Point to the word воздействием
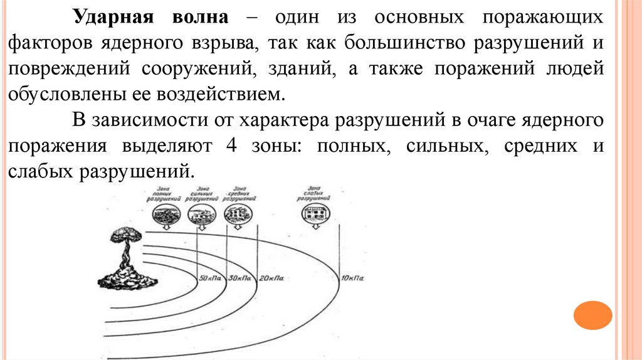click(229, 95)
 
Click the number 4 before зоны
click(231, 146)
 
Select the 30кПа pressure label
click(239, 278)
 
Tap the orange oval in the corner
click(592, 315)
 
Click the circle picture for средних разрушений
click(239, 214)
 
